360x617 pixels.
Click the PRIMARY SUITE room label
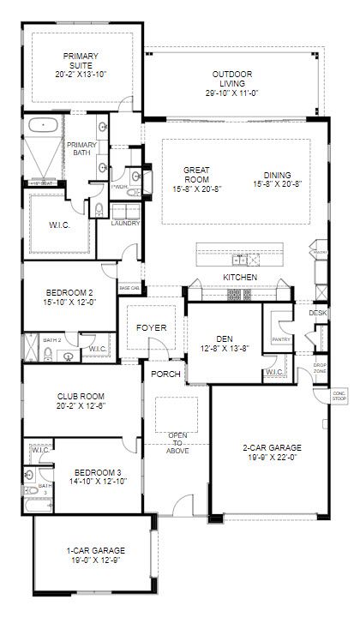click(x=81, y=61)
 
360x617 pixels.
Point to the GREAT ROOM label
click(x=196, y=175)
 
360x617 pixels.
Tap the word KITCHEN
click(x=240, y=279)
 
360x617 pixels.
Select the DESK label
click(x=319, y=314)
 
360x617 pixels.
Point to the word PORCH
click(x=164, y=374)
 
